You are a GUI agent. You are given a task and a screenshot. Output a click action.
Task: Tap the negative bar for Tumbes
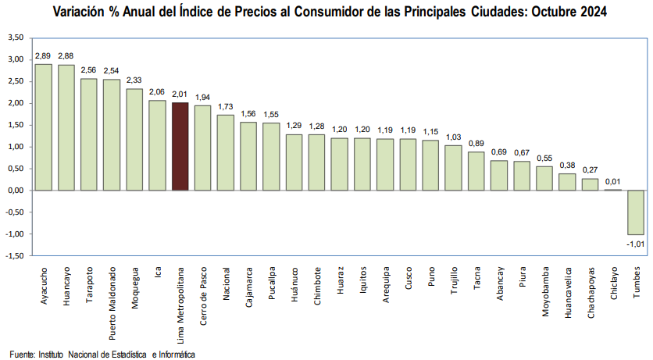[x=636, y=212]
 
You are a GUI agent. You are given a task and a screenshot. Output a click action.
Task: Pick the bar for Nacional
[x=225, y=152]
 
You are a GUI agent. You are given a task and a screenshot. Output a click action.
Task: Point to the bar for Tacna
[x=476, y=170]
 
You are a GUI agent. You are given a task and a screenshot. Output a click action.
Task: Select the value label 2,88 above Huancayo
[x=66, y=55]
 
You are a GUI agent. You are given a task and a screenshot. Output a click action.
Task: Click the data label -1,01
[x=635, y=244]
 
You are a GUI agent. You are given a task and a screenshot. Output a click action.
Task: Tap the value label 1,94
[x=202, y=97]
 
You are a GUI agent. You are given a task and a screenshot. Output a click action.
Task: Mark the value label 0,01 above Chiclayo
[x=612, y=181]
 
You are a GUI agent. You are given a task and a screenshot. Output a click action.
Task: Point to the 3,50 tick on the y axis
[x=15, y=37]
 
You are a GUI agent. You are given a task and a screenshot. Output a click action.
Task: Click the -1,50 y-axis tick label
[x=13, y=256]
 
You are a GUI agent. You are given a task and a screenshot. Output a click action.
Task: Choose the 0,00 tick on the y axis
[x=15, y=191]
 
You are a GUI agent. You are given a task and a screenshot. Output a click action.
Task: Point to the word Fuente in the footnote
[x=22, y=355]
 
